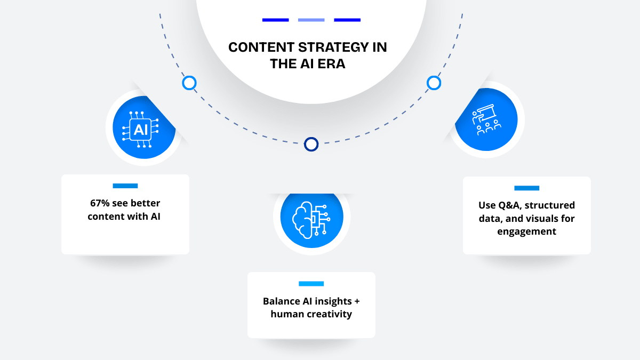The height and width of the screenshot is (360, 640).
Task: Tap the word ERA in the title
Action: coord(331,63)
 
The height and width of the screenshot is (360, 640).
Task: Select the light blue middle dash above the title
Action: coord(311,20)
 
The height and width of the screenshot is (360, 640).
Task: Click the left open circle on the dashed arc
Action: coord(189,83)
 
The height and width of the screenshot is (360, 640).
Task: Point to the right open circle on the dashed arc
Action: coord(434,83)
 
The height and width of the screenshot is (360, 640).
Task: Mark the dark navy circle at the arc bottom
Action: coord(311,144)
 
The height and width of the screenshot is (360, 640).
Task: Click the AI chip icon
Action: coord(140,130)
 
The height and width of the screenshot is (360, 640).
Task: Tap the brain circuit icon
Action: coord(311,220)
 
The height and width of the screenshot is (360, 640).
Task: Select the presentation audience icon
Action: coord(486,119)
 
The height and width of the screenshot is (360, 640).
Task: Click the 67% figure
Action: coord(100,203)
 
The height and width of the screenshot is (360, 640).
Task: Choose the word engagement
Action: coord(526,231)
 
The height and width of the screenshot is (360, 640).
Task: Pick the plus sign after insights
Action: coord(357,301)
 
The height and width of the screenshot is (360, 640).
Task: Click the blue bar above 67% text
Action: coord(125,186)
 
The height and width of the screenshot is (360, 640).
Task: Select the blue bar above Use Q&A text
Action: coord(526,188)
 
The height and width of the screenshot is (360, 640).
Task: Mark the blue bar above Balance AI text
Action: coord(311,284)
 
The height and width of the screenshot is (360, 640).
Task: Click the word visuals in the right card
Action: coord(541,219)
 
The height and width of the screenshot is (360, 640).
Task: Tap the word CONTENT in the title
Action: coord(261,47)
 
